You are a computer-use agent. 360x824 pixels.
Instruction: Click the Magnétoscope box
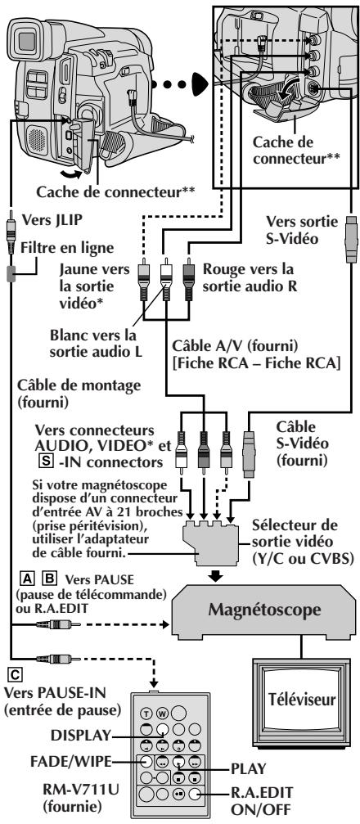click(263, 610)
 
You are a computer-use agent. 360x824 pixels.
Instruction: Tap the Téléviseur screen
click(302, 699)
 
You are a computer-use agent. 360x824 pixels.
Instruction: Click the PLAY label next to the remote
click(249, 768)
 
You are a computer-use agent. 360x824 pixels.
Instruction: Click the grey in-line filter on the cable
click(11, 273)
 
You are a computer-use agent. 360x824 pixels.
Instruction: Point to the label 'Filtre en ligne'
click(61, 245)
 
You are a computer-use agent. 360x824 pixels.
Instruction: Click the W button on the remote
click(161, 713)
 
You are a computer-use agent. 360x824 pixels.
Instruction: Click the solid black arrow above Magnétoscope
click(215, 575)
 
